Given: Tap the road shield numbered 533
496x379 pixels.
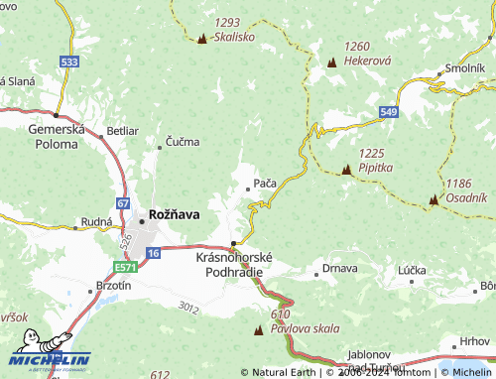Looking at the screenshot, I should point(68,62).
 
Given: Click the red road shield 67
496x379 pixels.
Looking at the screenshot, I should point(122,203).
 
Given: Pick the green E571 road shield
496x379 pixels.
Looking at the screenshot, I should point(125,267).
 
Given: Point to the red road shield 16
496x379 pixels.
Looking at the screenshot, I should point(152,254).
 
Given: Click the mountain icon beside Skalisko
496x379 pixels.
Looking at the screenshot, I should point(202,40).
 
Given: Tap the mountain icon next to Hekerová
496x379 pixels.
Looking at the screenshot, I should point(330,63).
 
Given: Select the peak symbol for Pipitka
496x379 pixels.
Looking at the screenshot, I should point(346,171).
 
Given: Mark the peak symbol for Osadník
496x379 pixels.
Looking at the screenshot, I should point(433,200).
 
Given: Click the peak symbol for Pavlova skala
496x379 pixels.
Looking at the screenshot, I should point(259,329).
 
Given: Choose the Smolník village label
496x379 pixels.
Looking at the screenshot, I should point(464,68).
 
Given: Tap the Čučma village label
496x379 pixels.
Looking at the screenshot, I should point(182,142).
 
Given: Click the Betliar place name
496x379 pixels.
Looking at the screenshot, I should point(122,130).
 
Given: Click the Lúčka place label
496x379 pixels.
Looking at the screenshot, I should point(411,270).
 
